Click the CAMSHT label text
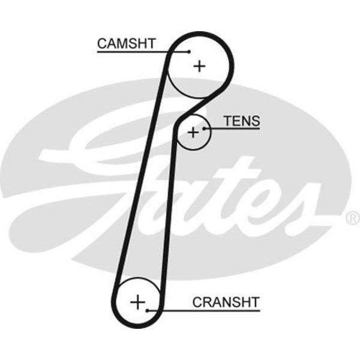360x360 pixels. point(126,43)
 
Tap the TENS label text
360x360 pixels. point(242,121)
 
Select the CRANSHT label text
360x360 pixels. point(226,302)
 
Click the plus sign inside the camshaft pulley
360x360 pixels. point(199,65)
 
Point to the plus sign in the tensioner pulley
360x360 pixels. point(193,132)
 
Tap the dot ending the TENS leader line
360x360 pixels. point(205,128)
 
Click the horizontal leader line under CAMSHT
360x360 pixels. point(138,52)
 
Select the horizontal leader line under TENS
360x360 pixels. point(234,128)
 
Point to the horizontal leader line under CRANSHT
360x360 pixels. point(204,310)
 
